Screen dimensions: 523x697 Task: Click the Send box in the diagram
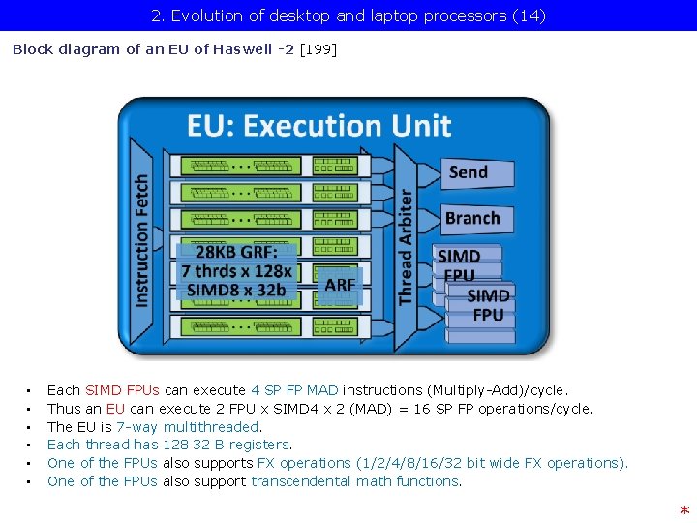coord(469,172)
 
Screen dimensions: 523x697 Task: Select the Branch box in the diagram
coord(472,219)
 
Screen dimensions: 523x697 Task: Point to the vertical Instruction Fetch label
coord(142,240)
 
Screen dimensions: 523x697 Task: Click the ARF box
coord(340,285)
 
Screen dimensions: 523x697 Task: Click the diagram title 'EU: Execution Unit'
coord(319,126)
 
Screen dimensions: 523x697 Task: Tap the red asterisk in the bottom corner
coord(684,510)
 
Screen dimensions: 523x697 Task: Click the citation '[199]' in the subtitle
coord(318,49)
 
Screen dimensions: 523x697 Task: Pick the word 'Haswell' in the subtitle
coord(243,49)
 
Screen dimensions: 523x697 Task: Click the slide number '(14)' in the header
coord(528,15)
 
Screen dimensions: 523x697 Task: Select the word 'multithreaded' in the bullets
coord(212,426)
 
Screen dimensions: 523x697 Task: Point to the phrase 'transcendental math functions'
coord(355,481)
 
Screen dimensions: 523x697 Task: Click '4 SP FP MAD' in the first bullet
coord(294,390)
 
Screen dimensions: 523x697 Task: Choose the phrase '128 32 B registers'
coord(226,445)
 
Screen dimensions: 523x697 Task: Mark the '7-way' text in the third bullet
coord(136,426)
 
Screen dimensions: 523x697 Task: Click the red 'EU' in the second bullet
coord(115,409)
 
